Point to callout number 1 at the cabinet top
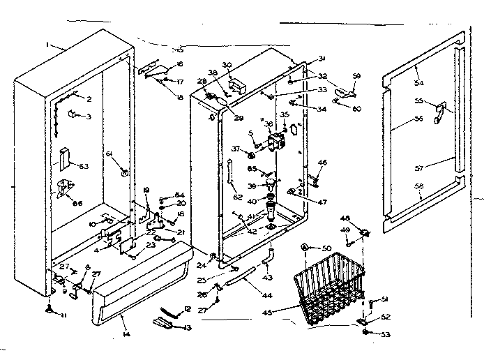click(x=47, y=44)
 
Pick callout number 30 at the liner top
click(x=227, y=63)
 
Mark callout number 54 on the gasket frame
click(x=419, y=83)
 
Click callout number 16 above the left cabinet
click(x=179, y=64)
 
